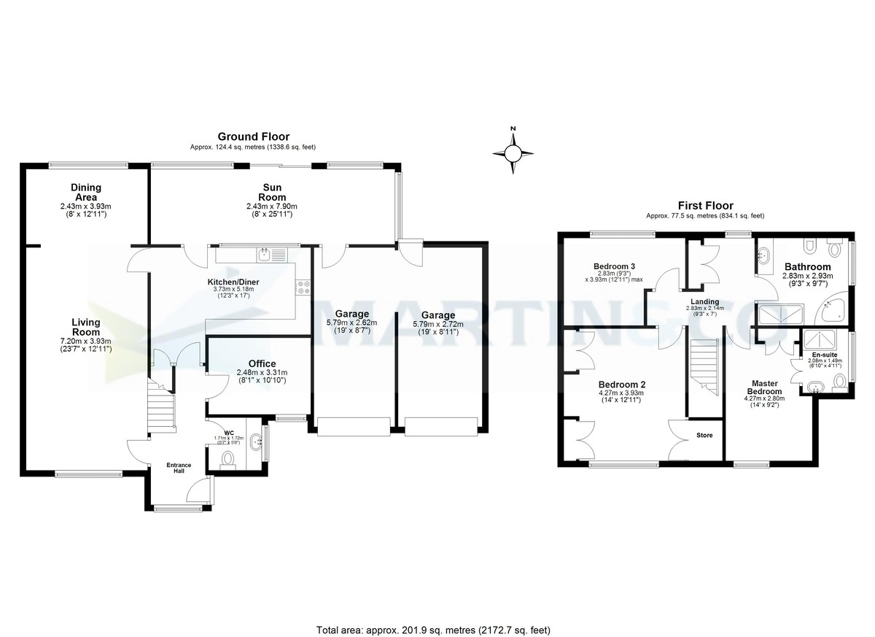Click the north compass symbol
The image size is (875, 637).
pos(513,152)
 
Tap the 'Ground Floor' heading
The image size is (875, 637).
pos(253,136)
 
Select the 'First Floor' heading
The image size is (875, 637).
pos(704,206)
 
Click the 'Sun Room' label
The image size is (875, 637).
pos(272,193)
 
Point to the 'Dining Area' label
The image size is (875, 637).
pos(85,193)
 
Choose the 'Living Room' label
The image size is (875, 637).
pos(85,328)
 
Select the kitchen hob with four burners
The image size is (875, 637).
pos(303,287)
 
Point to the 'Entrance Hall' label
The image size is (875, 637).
pos(179,468)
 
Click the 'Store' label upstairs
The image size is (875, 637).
pos(704,435)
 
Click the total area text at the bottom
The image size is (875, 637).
pos(433,630)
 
